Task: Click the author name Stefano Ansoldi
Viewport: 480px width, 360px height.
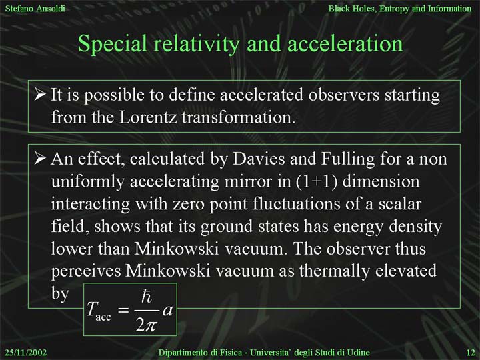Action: (35, 8)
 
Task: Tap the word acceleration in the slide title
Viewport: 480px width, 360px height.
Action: (345, 43)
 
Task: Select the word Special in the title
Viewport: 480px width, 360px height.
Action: (113, 44)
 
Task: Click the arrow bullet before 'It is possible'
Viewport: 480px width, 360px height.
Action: (41, 94)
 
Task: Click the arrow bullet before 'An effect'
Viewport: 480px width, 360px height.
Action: (41, 158)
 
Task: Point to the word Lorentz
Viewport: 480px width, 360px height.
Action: (147, 117)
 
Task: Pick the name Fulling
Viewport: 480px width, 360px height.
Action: (348, 159)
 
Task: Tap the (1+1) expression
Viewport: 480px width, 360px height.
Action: (317, 181)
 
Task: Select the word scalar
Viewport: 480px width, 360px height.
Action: (400, 204)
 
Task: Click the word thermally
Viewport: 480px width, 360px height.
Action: (334, 271)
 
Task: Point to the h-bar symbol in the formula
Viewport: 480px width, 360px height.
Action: (146, 296)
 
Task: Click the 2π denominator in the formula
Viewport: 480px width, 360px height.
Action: (146, 325)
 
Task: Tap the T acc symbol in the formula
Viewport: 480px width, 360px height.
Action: (98, 311)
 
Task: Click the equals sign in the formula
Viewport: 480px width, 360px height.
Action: (123, 311)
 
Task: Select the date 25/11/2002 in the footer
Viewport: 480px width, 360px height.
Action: (26, 353)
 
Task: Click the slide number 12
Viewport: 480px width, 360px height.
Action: (470, 353)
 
